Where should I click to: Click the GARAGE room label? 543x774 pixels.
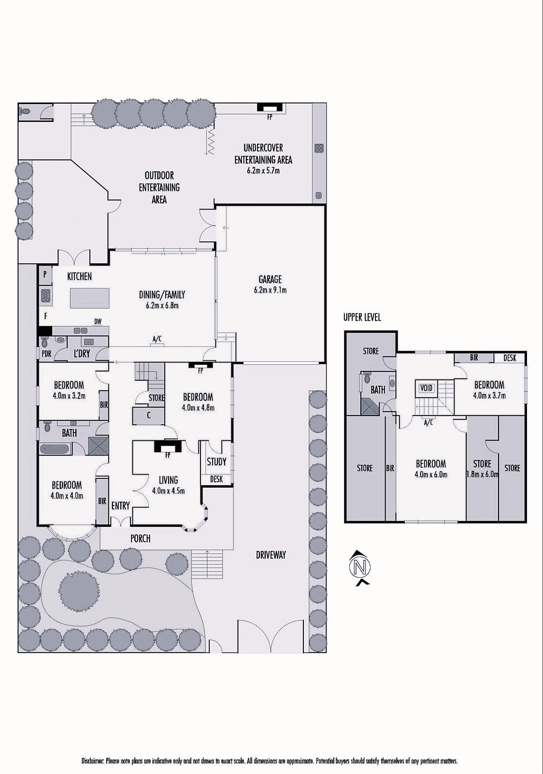pyautogui.click(x=270, y=279)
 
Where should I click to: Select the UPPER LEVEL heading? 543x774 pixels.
pyautogui.click(x=362, y=317)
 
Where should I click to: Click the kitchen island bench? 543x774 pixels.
pyautogui.click(x=89, y=298)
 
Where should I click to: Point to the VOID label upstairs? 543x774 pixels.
pyautogui.click(x=426, y=387)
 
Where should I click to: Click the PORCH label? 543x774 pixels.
pyautogui.click(x=140, y=538)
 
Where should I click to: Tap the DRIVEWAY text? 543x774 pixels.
pyautogui.click(x=271, y=555)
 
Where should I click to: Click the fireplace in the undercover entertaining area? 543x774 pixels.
pyautogui.click(x=270, y=107)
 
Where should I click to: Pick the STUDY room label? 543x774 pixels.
pyautogui.click(x=216, y=461)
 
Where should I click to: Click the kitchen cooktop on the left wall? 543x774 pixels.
pyautogui.click(x=45, y=295)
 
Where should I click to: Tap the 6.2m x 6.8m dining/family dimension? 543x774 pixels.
pyautogui.click(x=162, y=305)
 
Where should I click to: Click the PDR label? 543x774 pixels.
pyautogui.click(x=46, y=354)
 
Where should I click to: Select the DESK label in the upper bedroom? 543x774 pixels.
pyautogui.click(x=510, y=357)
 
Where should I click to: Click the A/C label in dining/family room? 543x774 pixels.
pyautogui.click(x=157, y=340)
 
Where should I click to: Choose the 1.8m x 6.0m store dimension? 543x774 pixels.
pyautogui.click(x=482, y=475)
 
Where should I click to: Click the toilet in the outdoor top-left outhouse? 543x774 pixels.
pyautogui.click(x=26, y=111)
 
